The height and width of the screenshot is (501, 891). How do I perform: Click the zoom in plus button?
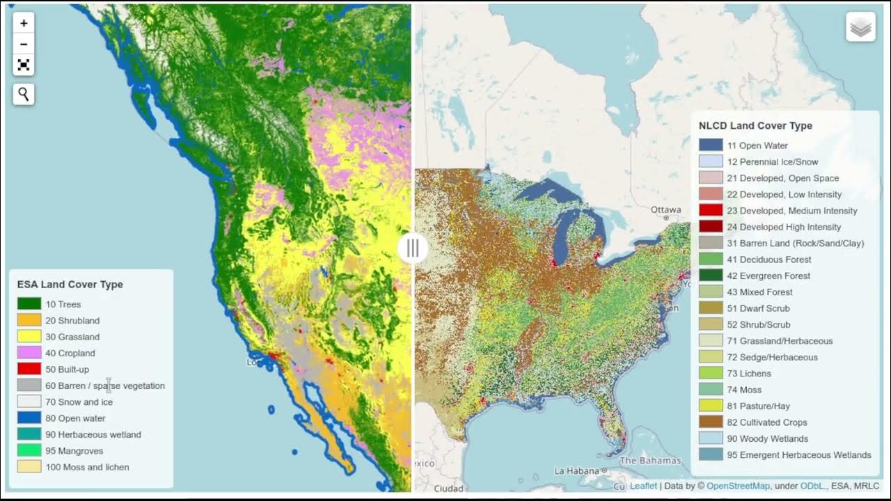(x=24, y=23)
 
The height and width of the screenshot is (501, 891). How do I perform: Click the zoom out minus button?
(x=24, y=44)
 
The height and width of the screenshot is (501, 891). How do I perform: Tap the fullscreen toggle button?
(x=24, y=65)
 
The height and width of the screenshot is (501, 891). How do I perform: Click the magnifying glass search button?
(x=24, y=94)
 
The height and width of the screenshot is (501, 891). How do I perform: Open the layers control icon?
(x=860, y=27)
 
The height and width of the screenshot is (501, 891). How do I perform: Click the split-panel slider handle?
(x=413, y=248)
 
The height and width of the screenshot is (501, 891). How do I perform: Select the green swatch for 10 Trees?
(x=29, y=304)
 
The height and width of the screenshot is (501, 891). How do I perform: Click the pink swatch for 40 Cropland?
(x=29, y=353)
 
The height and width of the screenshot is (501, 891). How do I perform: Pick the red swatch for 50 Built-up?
(x=29, y=369)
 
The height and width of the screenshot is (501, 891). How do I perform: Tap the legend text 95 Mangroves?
(x=74, y=451)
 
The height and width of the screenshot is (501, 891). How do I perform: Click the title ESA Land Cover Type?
(x=70, y=285)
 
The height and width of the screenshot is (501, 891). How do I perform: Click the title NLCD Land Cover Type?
(x=755, y=126)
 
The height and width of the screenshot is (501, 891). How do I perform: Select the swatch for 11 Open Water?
(x=711, y=145)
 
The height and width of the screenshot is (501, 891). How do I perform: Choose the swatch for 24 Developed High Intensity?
(x=711, y=227)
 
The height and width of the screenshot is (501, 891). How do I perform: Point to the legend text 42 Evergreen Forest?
(x=768, y=276)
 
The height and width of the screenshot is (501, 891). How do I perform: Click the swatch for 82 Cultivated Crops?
(x=711, y=422)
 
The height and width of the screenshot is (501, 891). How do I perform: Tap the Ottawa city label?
(x=665, y=210)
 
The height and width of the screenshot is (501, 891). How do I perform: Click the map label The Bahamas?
(x=650, y=461)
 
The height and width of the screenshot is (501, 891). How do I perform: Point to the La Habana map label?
(x=578, y=471)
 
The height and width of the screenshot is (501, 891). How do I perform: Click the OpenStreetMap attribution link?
(x=739, y=486)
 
